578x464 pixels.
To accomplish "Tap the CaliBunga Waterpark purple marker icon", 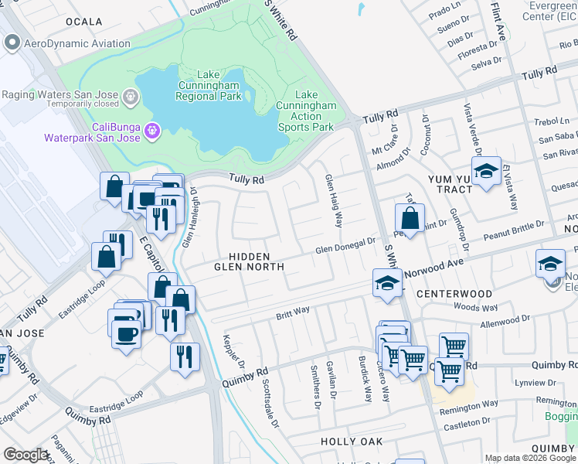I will point(152,130).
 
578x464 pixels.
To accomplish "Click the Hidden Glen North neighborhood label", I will point(249,261).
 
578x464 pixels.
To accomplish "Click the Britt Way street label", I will point(293,312).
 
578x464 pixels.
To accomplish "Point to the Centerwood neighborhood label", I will point(454,295).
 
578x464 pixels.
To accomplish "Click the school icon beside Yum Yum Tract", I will point(486,172).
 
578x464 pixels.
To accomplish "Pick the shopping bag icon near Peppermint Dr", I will point(410,218).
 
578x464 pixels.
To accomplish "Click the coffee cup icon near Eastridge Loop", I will point(126,335).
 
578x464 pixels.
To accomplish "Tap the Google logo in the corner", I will point(25,455).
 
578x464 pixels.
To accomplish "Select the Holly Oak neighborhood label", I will point(352,442).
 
